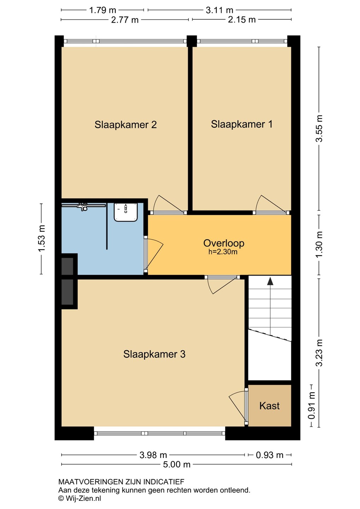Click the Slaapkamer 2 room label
[x=126, y=124]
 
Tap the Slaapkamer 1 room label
[x=242, y=124]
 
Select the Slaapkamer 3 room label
[x=154, y=354]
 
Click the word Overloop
[x=223, y=243]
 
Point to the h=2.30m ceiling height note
[x=223, y=252]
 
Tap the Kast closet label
[x=269, y=406]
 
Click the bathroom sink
[x=126, y=212]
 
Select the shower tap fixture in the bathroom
[x=82, y=206]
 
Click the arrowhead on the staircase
[x=270, y=281]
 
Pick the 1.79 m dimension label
[x=103, y=10]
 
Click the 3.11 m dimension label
[x=220, y=10]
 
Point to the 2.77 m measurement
[x=125, y=20]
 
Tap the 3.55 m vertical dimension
[x=319, y=129]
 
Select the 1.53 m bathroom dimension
[x=42, y=238]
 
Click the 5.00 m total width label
[x=176, y=464]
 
